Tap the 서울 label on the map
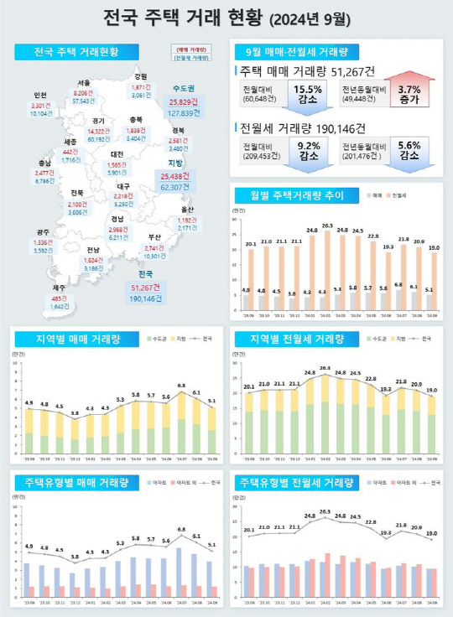(x=83, y=83)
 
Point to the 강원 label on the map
(x=140, y=76)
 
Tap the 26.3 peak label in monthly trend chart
(x=327, y=226)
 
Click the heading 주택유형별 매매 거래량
(x=76, y=483)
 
